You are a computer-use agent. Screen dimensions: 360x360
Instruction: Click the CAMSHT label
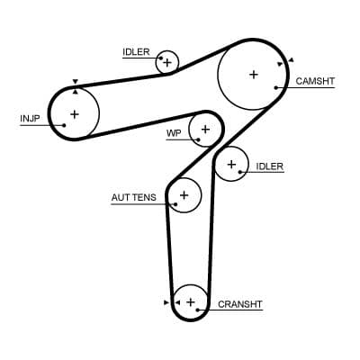[x=315, y=81]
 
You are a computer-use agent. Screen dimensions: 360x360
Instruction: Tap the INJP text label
[x=30, y=117]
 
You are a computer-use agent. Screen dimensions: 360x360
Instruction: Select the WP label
[x=174, y=133]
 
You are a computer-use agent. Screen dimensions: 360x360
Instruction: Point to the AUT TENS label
[x=133, y=196]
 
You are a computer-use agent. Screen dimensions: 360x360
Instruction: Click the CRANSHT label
[x=240, y=304]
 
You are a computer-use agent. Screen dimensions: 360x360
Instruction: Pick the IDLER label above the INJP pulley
[x=137, y=52]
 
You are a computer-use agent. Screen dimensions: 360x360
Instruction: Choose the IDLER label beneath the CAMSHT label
[x=269, y=166]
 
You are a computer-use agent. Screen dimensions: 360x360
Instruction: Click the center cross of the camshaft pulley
[x=253, y=74]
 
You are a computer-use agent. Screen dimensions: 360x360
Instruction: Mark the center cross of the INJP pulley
[x=74, y=113]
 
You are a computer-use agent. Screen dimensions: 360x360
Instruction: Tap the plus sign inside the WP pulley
[x=205, y=130]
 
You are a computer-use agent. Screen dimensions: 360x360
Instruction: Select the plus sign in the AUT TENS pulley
[x=184, y=194]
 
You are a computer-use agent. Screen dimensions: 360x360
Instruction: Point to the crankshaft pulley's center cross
[x=190, y=301]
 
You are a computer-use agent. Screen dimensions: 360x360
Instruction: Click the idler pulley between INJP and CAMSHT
[x=166, y=62]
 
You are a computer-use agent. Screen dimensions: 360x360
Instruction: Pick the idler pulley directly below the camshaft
[x=231, y=164]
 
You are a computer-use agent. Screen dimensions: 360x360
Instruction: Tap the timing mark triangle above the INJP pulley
[x=75, y=82]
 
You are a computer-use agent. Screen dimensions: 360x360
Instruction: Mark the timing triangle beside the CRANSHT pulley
[x=166, y=303]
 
